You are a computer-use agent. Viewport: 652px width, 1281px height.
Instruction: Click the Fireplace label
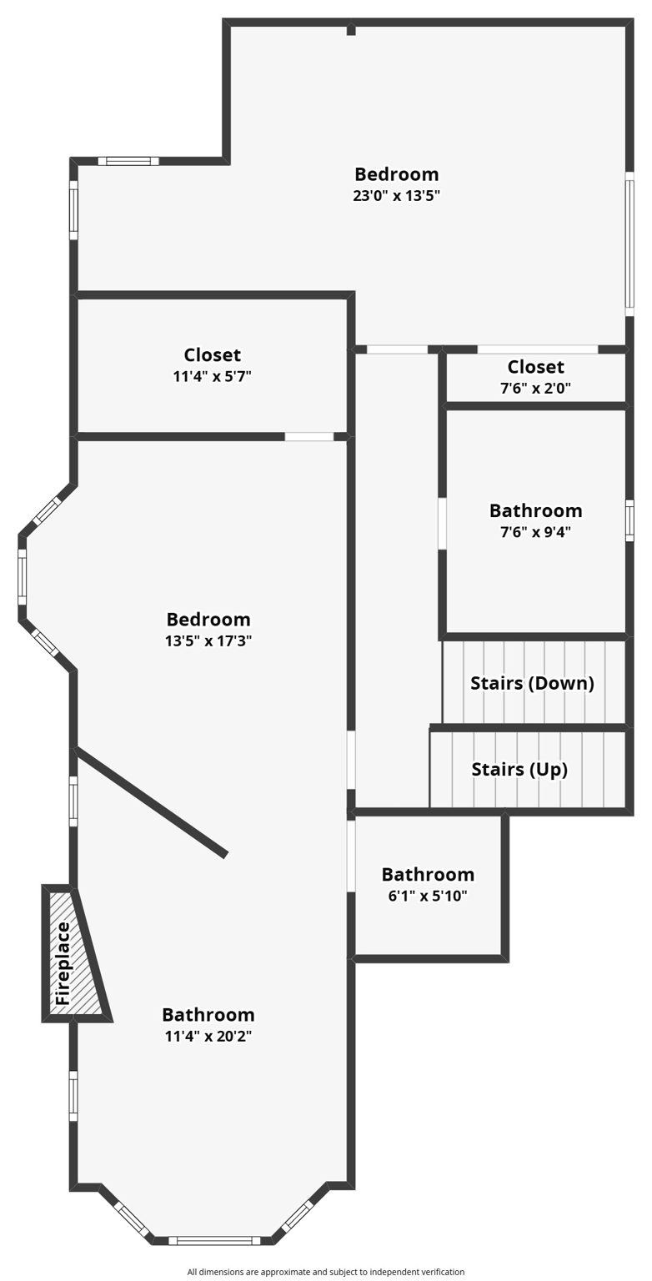63,963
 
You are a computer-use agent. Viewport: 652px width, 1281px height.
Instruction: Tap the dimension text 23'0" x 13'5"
396,196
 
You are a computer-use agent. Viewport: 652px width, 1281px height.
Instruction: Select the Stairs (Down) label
532,683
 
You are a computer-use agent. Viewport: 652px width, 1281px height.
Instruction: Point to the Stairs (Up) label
519,769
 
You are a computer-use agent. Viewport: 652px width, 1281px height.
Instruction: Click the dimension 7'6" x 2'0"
535,388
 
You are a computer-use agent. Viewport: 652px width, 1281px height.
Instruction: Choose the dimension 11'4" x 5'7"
212,376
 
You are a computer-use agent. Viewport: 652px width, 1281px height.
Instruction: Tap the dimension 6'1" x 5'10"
428,896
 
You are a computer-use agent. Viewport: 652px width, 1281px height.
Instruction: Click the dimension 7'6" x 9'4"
535,531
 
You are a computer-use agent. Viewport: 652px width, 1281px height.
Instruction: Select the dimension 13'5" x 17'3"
208,640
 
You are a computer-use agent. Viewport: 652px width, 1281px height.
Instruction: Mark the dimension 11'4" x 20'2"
208,1036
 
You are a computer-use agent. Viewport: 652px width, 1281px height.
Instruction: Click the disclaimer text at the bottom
325,1272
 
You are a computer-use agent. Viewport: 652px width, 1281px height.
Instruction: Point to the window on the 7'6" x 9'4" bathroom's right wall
629,520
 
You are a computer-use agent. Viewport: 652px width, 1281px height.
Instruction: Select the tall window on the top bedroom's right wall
629,244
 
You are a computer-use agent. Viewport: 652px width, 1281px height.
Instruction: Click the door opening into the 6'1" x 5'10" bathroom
351,856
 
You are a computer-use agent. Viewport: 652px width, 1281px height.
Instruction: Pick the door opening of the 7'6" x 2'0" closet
537,349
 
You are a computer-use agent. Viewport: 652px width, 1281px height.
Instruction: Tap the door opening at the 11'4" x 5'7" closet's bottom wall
308,436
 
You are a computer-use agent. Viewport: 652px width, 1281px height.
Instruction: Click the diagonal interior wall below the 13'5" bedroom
151,801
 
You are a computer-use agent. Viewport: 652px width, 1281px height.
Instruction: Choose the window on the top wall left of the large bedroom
128,161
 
